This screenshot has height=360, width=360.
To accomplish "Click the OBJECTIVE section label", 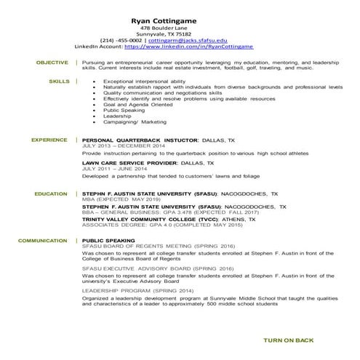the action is pos(52,63).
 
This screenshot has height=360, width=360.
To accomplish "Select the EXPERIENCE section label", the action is pos(49,137).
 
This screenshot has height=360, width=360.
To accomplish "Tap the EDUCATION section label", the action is pos(51,194).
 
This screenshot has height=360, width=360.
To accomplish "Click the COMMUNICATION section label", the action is pos(43,239).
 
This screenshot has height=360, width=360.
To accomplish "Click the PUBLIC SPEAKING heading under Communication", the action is pos(108,239).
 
